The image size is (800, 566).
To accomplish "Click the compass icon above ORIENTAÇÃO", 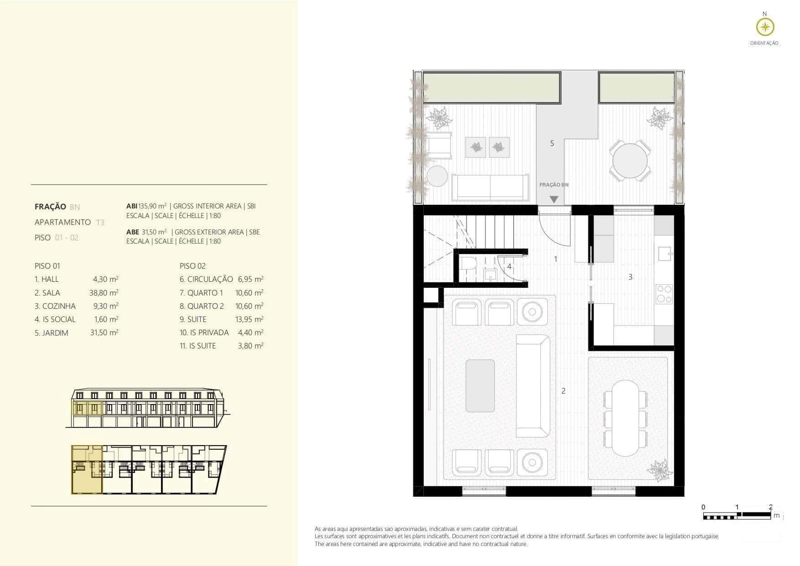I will pos(765,27).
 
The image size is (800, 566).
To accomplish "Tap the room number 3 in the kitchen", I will pos(630,277).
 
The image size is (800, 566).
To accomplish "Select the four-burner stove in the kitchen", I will pos(664,294).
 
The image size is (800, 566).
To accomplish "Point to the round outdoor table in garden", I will pos(630,161).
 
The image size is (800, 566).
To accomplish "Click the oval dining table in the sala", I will pos(626,418).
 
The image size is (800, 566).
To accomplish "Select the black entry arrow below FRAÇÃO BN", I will pos(554,199).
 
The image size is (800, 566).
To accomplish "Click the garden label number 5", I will pos(552,143).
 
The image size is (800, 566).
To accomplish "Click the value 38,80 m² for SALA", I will pos(104,293).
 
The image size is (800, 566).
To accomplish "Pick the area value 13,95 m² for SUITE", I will pos(249,319).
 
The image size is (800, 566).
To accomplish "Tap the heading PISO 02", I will pos(192,266).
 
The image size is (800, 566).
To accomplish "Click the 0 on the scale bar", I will pos(703,507).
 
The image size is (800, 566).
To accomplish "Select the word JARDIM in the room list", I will pos(55,333).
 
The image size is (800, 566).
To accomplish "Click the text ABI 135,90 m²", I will pos(146,206).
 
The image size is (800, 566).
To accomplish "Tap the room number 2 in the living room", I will pos(563,391).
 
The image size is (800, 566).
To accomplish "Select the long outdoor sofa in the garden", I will pos(490,187).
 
